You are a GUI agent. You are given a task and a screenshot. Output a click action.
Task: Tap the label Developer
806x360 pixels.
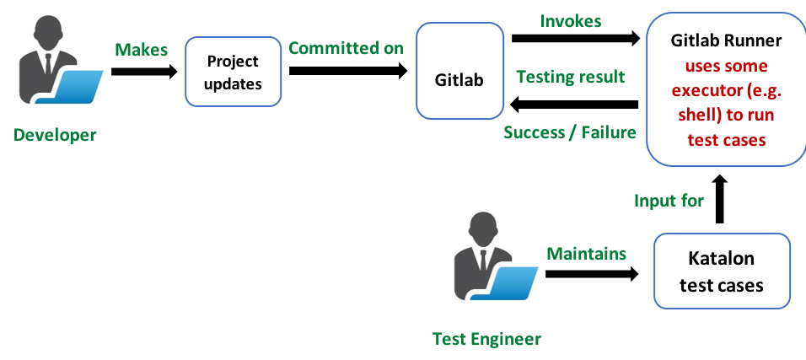[55, 136]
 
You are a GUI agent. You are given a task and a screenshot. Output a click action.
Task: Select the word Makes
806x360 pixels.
[142, 50]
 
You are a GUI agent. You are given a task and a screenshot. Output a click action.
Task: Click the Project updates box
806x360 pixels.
[233, 73]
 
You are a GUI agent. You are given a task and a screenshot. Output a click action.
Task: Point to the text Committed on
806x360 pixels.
[346, 48]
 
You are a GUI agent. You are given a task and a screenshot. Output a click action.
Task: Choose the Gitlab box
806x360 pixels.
[459, 81]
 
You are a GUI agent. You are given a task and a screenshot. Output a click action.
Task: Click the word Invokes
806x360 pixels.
[571, 22]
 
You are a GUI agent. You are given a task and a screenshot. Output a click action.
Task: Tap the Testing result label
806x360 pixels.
[571, 78]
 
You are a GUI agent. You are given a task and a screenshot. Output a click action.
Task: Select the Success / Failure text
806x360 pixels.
[570, 132]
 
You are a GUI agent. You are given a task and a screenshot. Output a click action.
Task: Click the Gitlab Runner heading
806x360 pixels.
[726, 40]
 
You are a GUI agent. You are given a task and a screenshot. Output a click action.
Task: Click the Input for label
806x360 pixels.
[669, 201]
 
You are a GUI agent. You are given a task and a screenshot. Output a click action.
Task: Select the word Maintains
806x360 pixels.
[587, 254]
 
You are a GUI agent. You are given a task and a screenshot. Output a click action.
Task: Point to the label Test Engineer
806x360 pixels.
[486, 340]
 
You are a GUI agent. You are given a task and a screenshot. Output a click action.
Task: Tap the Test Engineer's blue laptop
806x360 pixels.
[516, 283]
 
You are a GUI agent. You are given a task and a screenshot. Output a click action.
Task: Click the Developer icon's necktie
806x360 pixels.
[49, 65]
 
